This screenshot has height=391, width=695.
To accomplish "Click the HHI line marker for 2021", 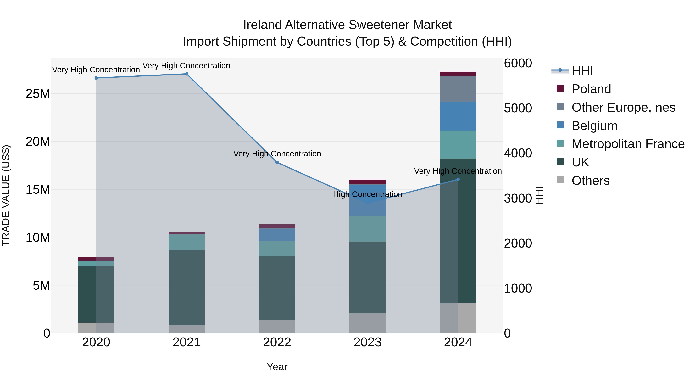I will tap(186, 74).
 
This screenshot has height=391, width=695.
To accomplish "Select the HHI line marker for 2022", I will tap(277, 162).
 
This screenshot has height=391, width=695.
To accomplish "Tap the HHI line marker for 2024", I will tap(458, 179).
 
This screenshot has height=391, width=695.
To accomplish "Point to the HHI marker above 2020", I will tap(96, 78).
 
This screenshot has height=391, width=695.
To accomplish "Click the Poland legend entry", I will tap(591, 89).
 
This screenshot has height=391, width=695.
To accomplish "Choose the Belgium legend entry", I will tap(594, 126).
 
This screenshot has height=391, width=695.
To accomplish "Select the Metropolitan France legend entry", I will tap(628, 144).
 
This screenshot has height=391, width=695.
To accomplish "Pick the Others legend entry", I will tap(590, 181).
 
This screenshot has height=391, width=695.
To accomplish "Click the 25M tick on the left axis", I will tap(38, 94).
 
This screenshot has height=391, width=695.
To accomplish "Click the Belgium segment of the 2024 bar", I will tap(458, 116).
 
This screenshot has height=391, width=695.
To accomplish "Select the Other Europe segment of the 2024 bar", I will tap(458, 89).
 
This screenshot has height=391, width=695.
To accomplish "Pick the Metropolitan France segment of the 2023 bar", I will tap(367, 229).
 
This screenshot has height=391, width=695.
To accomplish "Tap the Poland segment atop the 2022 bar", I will tap(277, 226).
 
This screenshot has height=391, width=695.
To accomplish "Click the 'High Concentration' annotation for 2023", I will tap(367, 194).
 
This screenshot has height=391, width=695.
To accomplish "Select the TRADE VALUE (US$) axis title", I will tap(6, 195).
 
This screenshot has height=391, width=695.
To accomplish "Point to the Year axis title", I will tap(277, 367).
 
